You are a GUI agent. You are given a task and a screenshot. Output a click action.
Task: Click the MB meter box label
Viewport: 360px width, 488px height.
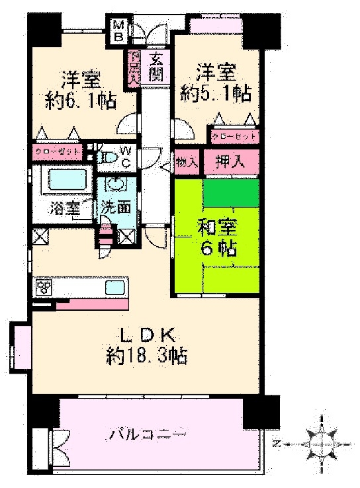coord(118,30)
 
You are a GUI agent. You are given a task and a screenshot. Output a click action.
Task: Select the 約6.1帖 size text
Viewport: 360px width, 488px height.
coord(81,100)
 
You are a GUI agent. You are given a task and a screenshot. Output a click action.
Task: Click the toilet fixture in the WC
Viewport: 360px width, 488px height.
coord(106,157)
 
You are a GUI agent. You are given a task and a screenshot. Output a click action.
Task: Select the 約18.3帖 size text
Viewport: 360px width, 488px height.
coord(146,356)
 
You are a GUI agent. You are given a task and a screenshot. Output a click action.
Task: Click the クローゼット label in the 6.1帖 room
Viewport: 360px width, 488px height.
coord(58,151)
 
